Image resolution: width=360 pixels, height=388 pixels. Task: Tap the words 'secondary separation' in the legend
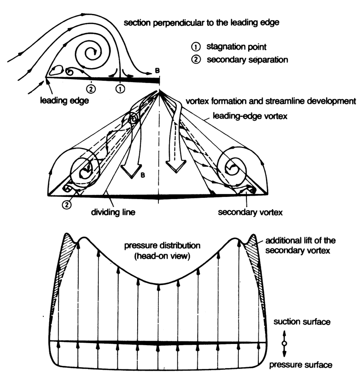point(247,60)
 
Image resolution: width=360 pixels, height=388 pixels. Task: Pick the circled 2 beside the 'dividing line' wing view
point(67,204)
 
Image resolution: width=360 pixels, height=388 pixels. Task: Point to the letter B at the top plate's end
point(158,70)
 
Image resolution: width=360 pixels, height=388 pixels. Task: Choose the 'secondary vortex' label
point(250,211)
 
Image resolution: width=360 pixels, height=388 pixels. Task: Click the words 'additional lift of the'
point(301,241)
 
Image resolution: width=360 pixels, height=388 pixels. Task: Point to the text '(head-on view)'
point(159,255)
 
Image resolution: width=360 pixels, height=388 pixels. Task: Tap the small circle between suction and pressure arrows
point(284,343)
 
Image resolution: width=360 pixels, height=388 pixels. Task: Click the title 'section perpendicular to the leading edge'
point(201,23)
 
